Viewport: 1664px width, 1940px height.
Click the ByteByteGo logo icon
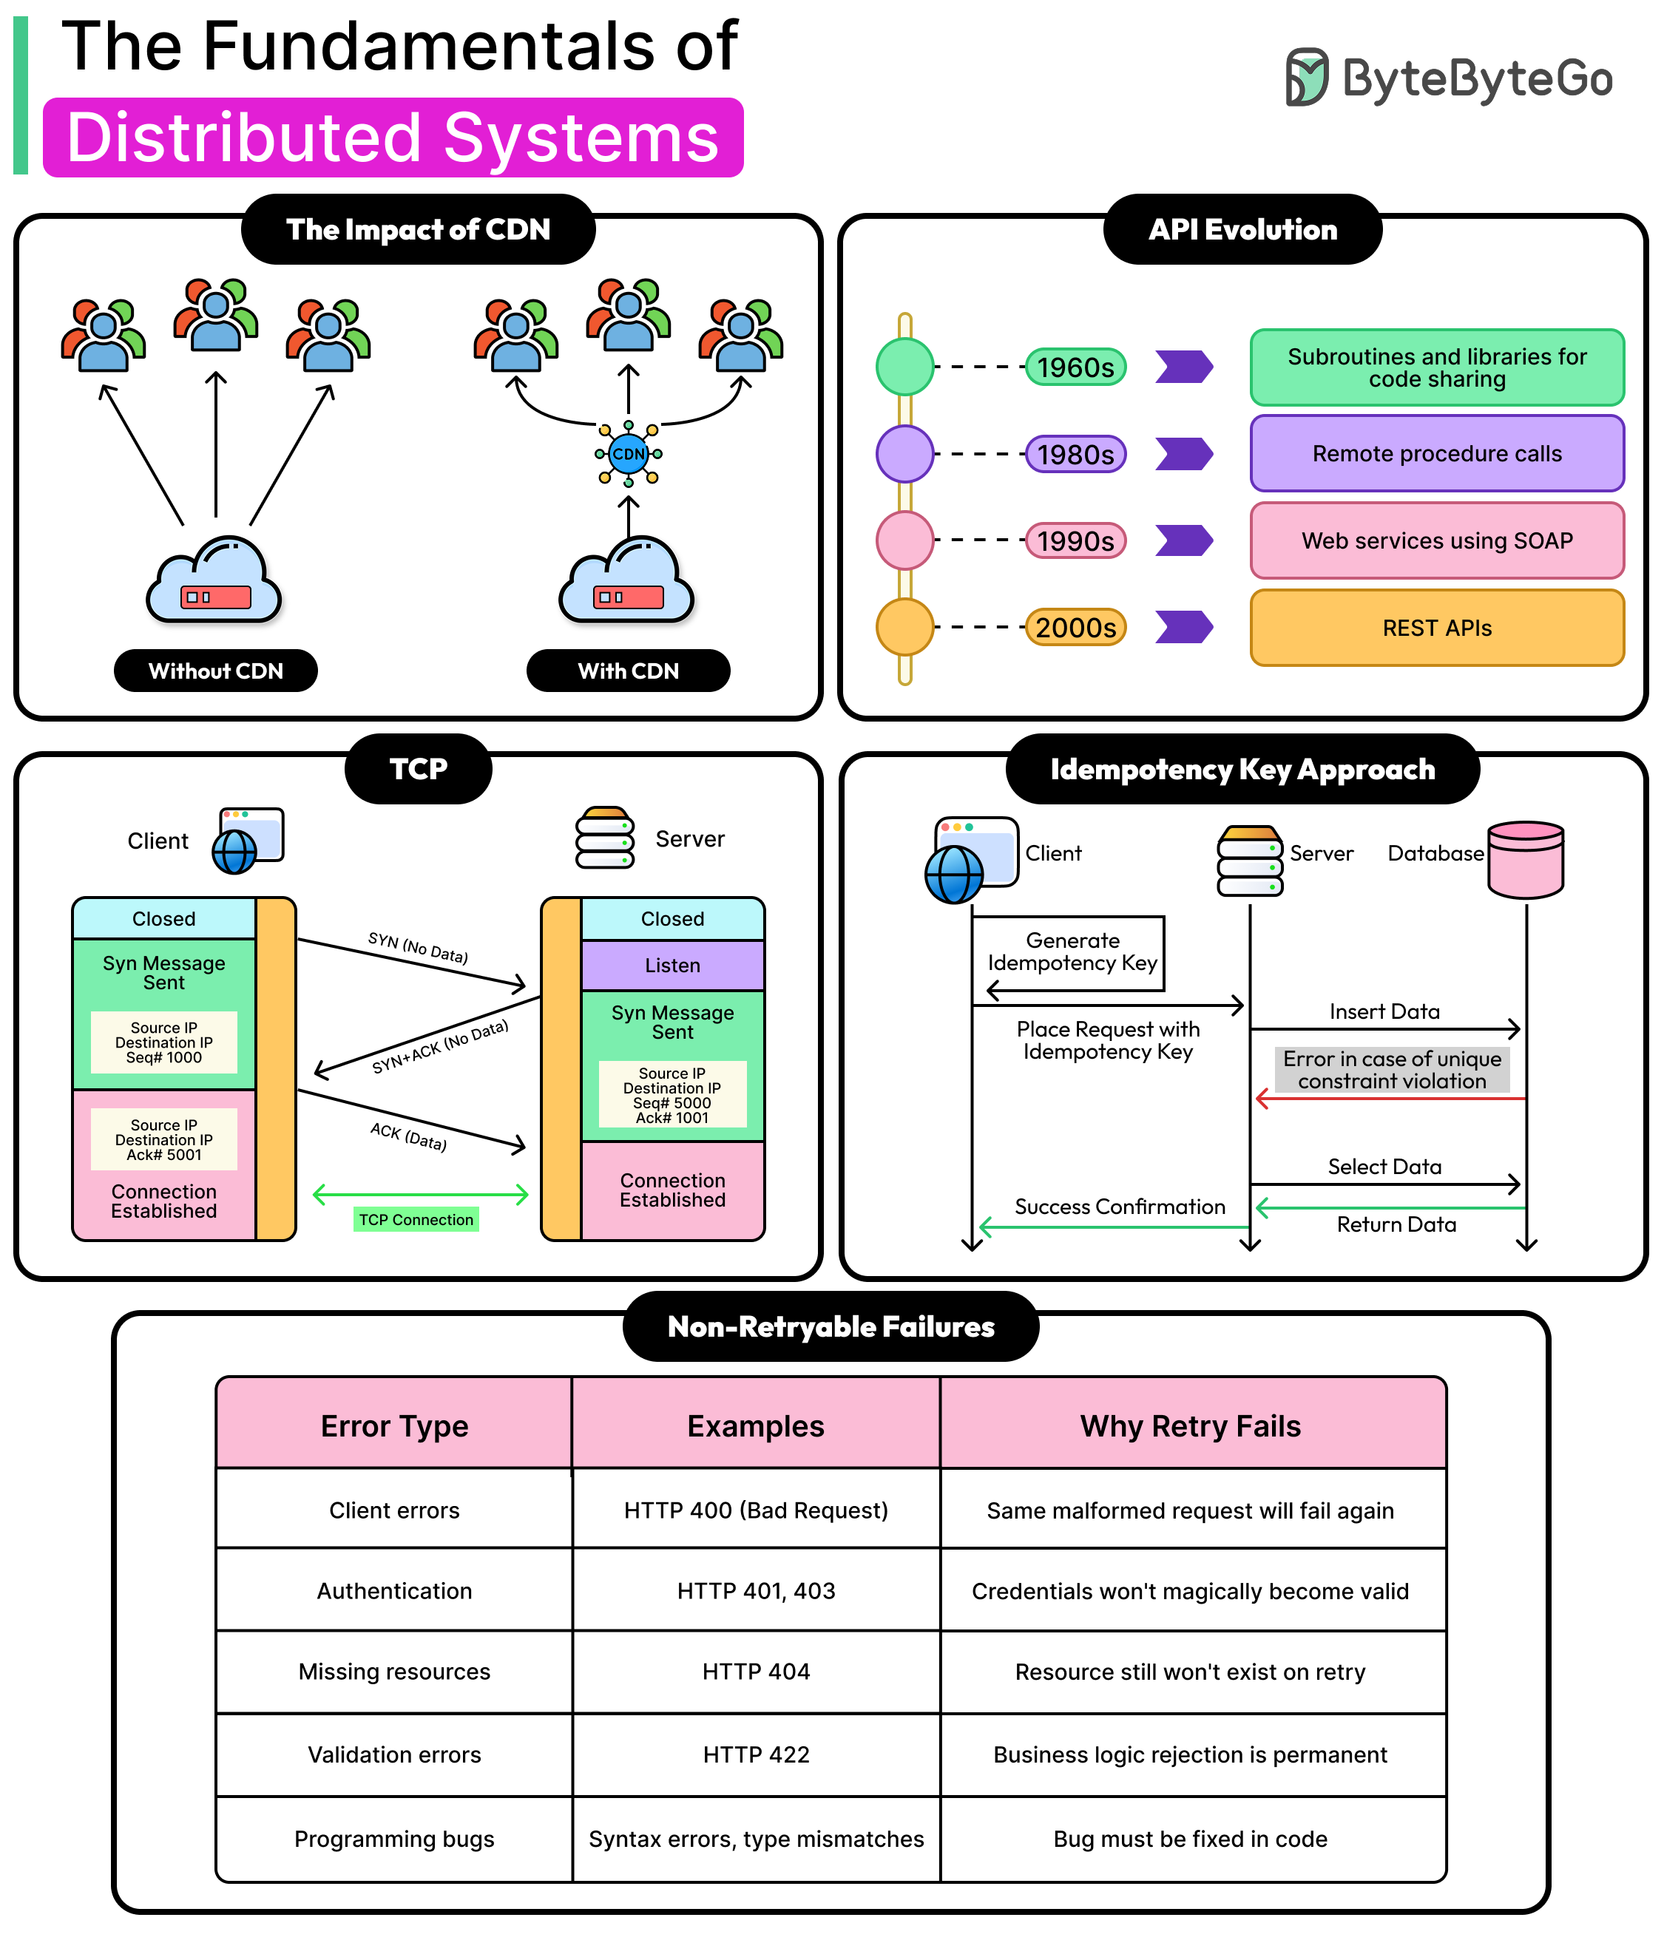click(x=1305, y=77)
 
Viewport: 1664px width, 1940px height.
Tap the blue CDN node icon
click(x=629, y=454)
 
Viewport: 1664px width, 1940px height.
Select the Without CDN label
click(x=215, y=671)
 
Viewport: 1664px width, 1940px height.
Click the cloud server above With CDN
click(x=626, y=581)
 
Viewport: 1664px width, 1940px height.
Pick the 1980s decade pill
click(x=1075, y=454)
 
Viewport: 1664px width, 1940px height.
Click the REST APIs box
click(x=1435, y=627)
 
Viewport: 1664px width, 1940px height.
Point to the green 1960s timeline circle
click(x=904, y=366)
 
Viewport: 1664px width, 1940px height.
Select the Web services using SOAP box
click(x=1435, y=540)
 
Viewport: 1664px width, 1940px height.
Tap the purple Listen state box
click(x=672, y=966)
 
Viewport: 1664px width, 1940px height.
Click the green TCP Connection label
click(x=416, y=1219)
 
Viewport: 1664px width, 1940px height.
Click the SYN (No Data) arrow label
click(x=418, y=948)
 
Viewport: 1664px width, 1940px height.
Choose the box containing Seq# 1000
click(x=164, y=1042)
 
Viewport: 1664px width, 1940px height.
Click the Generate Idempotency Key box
click(x=1072, y=952)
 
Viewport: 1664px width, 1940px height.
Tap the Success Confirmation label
click(x=1119, y=1207)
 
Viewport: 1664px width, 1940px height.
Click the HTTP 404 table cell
click(x=756, y=1672)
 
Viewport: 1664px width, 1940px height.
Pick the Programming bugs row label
click(x=394, y=1838)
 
